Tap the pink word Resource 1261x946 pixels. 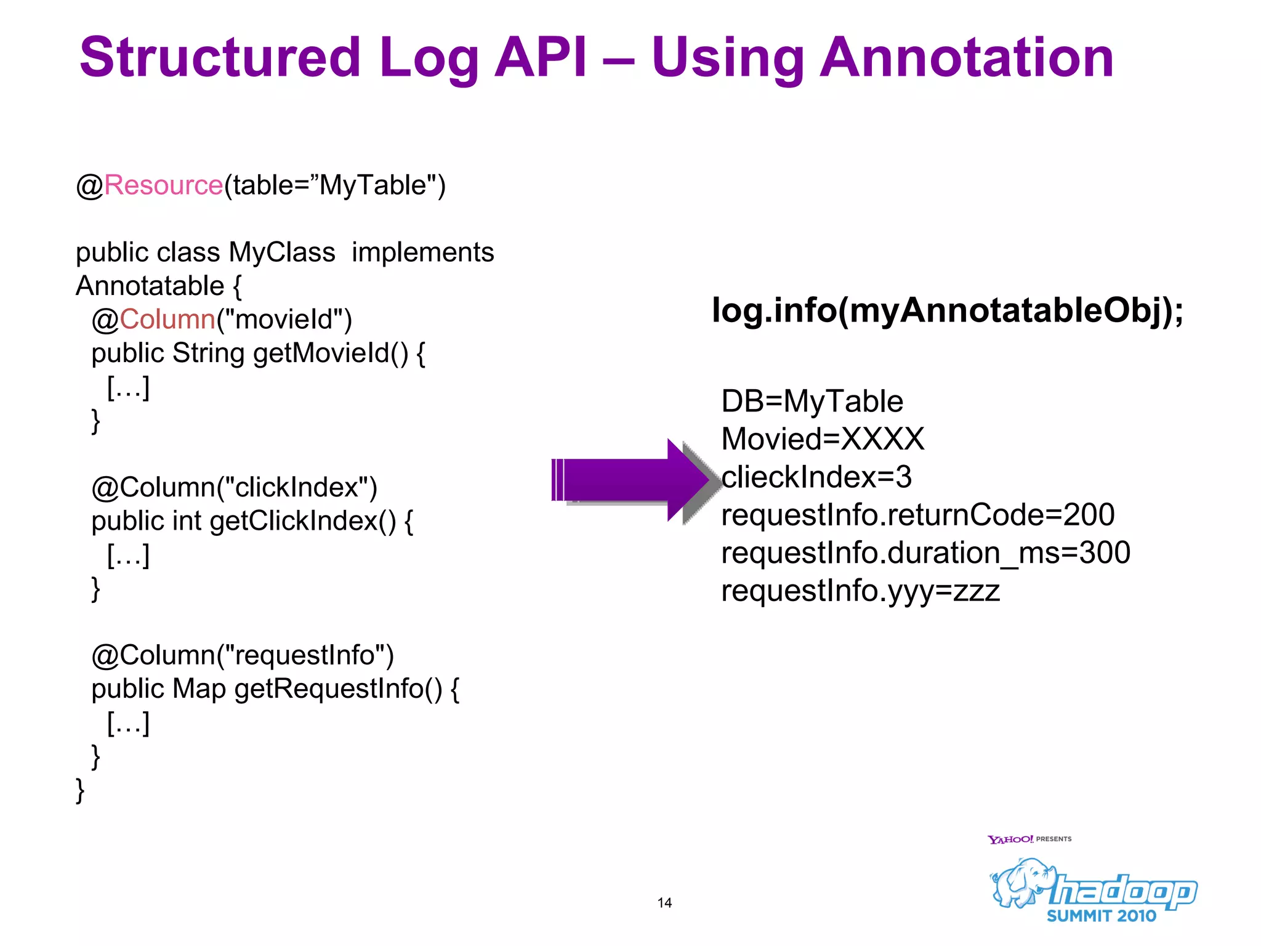pyautogui.click(x=163, y=185)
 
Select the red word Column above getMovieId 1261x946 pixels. pyautogui.click(x=167, y=319)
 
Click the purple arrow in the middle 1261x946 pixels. pyautogui.click(x=634, y=480)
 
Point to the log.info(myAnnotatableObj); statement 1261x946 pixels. pyautogui.click(x=947, y=310)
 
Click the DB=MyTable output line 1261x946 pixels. pyautogui.click(x=812, y=401)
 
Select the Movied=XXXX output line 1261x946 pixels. pyautogui.click(x=823, y=439)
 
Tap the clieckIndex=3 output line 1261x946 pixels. pyautogui.click(x=816, y=477)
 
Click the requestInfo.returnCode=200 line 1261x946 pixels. pyautogui.click(x=917, y=514)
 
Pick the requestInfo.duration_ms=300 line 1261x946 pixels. pyautogui.click(x=925, y=552)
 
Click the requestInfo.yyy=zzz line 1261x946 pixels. pyautogui.click(x=860, y=591)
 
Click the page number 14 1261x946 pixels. pyautogui.click(x=664, y=903)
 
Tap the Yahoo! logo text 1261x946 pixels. pyautogui.click(x=1010, y=839)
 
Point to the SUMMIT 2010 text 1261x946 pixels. pyautogui.click(x=1102, y=916)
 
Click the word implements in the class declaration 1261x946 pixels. pyautogui.click(x=422, y=252)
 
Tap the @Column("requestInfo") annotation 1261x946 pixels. pyautogui.click(x=242, y=655)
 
